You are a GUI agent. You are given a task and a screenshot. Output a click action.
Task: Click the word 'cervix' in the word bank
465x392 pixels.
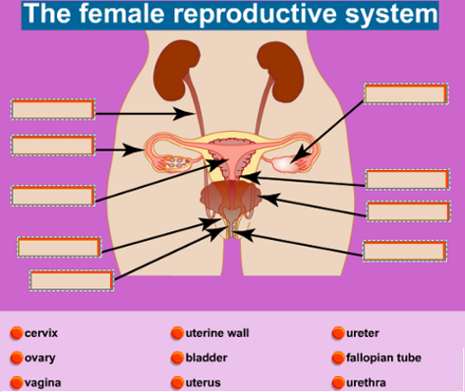41,333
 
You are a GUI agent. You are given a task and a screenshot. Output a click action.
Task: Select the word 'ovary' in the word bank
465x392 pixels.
40,358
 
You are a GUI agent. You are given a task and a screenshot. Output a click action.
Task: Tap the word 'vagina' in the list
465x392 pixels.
42,383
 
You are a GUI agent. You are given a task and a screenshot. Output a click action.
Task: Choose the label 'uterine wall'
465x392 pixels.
218,333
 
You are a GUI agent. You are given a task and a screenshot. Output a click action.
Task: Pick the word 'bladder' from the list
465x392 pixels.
207,358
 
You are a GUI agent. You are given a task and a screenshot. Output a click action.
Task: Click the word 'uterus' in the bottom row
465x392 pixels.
203,383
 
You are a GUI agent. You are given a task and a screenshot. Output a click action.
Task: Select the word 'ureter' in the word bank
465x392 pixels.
363,333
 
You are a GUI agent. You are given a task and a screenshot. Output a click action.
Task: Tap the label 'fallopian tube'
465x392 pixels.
384,358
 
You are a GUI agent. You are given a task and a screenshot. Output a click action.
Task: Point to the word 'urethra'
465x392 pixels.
366,383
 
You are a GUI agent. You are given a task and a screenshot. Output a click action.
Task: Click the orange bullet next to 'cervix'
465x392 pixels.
16,333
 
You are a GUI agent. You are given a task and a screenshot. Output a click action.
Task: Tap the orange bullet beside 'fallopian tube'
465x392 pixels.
338,358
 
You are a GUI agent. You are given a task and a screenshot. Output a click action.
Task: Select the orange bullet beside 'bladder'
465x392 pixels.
177,358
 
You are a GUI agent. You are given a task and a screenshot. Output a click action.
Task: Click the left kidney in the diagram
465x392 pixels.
176,70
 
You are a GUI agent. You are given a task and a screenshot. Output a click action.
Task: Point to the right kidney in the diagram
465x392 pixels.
282,71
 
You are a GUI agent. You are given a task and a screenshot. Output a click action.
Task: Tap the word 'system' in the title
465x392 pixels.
391,15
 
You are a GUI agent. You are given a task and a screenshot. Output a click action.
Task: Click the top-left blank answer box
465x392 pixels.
53,109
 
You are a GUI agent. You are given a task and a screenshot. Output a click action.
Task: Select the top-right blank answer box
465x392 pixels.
406,94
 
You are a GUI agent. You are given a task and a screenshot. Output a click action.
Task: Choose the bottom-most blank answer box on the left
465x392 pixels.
71,280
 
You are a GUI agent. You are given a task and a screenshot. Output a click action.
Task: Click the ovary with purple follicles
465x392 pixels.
177,163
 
